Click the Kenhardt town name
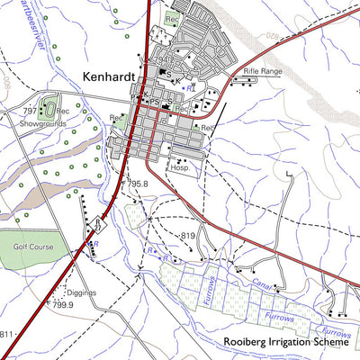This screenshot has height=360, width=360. pos(109,77)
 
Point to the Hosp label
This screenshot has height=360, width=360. pos(179,167)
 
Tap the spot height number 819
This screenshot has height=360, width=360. pos(188,236)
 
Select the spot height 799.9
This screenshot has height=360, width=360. pos(62,305)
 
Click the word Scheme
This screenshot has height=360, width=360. pos(333,343)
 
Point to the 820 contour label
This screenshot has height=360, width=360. pos(271,36)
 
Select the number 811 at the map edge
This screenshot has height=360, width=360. pos(7,335)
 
